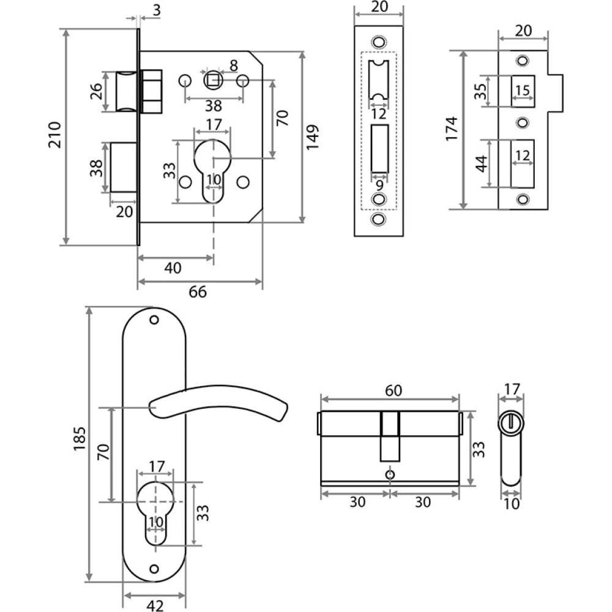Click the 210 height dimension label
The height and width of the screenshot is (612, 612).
tap(54, 135)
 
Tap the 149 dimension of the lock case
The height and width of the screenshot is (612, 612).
tap(312, 137)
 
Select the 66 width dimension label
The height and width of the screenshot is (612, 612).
tap(198, 292)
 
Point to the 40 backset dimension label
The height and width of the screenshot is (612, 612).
tap(173, 268)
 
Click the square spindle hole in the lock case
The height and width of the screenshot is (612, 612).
tap(213, 81)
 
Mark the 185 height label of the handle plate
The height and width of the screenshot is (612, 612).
tap(79, 439)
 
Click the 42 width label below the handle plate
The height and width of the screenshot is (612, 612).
tap(155, 605)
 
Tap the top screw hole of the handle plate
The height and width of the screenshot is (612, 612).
tap(154, 320)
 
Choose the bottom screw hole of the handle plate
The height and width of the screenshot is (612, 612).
tap(154, 569)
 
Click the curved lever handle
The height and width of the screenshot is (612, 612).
tap(218, 402)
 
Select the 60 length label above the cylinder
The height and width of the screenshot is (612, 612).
tap(393, 390)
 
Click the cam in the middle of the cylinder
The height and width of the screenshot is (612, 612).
tap(390, 436)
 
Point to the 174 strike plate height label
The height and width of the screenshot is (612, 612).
tap(451, 129)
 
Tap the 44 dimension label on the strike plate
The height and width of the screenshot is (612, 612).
tap(482, 163)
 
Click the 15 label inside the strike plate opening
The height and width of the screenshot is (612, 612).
tap(522, 91)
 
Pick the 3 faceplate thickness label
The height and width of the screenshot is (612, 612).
tap(157, 10)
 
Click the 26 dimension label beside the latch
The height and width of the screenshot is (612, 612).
tap(96, 91)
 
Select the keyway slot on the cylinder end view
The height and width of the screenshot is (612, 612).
tap(510, 422)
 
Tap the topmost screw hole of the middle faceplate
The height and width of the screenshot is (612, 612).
tap(378, 42)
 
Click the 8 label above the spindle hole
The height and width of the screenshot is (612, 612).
tap(233, 65)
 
